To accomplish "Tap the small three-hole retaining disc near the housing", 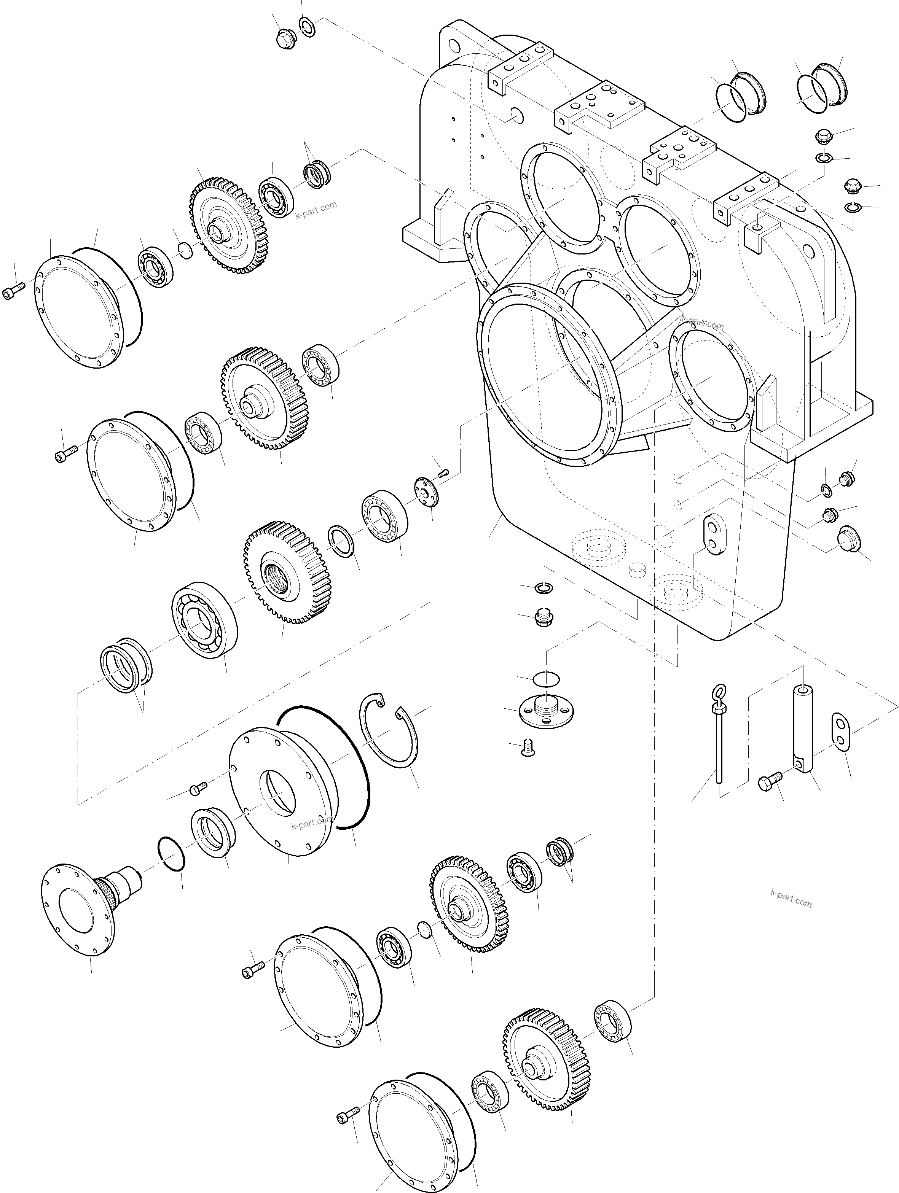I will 427,491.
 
